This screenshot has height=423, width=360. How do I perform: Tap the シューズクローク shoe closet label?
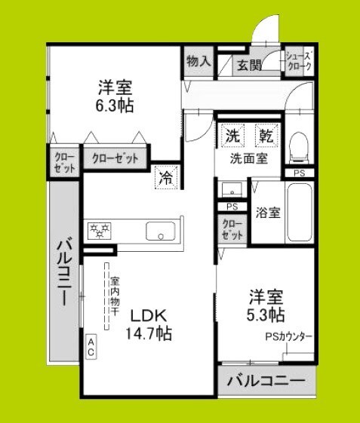tap(298, 60)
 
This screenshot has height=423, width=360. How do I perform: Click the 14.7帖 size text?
tap(149, 333)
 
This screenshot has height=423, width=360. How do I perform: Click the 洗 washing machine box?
tap(232, 136)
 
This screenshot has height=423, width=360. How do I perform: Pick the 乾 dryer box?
tap(265, 136)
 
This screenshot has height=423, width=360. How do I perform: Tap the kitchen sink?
tap(160, 231)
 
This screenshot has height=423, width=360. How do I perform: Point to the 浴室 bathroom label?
tap(267, 212)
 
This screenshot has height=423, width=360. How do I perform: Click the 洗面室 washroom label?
tap(248, 159)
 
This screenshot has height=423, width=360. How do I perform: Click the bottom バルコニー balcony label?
tap(266, 382)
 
